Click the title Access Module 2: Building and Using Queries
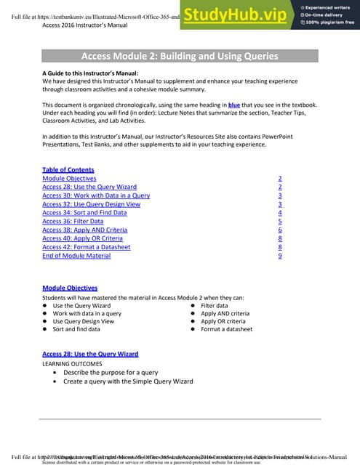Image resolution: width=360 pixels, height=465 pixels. click(180, 56)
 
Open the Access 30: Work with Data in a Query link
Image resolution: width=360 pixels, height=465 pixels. click(96, 195)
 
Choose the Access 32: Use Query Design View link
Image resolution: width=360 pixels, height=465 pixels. click(88, 204)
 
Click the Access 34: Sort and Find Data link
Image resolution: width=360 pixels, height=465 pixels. click(84, 213)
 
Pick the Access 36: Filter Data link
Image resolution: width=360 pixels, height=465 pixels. click(73, 222)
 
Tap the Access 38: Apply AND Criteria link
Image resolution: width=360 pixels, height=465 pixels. click(85, 230)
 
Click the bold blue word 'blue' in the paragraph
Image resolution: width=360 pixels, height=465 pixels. click(234, 105)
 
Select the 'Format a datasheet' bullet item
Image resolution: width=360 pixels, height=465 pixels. click(226, 329)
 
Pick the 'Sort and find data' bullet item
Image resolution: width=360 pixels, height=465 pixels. click(76, 329)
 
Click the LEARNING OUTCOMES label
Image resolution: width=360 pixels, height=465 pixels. click(72, 363)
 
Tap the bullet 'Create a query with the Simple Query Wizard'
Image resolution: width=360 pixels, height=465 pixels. click(128, 381)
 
